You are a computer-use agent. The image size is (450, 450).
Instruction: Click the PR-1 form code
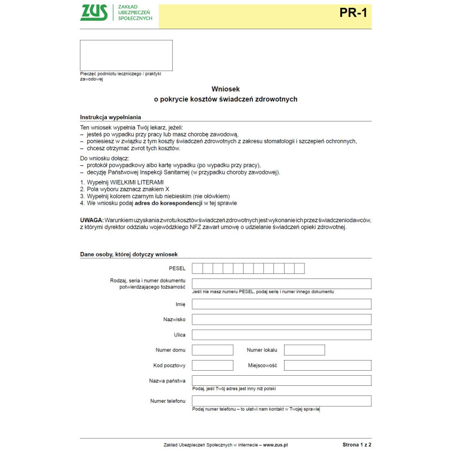click(x=353, y=13)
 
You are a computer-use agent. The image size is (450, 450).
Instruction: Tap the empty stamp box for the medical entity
click(x=126, y=55)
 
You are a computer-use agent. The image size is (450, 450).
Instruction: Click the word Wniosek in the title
click(x=226, y=89)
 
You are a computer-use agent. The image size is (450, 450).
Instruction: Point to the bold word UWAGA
click(x=92, y=219)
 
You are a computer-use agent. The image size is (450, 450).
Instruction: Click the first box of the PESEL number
click(x=197, y=268)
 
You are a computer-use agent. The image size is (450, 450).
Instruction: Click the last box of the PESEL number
click(x=299, y=268)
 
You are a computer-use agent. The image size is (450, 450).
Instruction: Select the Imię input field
click(x=281, y=304)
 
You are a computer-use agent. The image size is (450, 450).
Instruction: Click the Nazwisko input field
click(x=281, y=319)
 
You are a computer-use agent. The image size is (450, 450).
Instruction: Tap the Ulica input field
click(x=281, y=335)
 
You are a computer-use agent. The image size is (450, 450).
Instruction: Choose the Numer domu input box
click(x=213, y=350)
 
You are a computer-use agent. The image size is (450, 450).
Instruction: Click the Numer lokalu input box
click(x=304, y=350)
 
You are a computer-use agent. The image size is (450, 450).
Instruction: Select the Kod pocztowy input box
click(x=213, y=365)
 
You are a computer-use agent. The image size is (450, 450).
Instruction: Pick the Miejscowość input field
click(x=327, y=365)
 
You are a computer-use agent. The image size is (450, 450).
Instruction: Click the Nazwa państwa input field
click(x=281, y=380)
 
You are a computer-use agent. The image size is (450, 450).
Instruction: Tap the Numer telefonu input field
click(x=281, y=401)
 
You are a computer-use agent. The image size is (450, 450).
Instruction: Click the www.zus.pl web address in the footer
click(x=276, y=444)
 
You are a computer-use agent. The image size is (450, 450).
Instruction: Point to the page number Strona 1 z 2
click(x=357, y=444)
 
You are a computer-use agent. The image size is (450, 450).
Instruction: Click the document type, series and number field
click(x=281, y=283)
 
